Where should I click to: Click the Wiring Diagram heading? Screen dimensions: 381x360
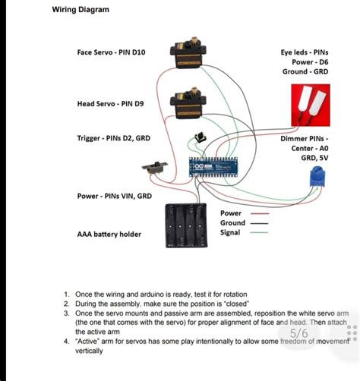[x=81, y=10]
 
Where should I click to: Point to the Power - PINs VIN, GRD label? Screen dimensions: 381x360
[x=114, y=196]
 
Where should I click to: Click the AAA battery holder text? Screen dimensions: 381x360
[x=109, y=235]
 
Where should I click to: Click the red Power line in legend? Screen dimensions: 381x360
[x=261, y=214]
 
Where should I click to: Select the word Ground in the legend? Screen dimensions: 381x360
[x=232, y=223]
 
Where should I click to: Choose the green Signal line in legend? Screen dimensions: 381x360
[x=261, y=233]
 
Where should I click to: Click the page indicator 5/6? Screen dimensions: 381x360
[x=299, y=333]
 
